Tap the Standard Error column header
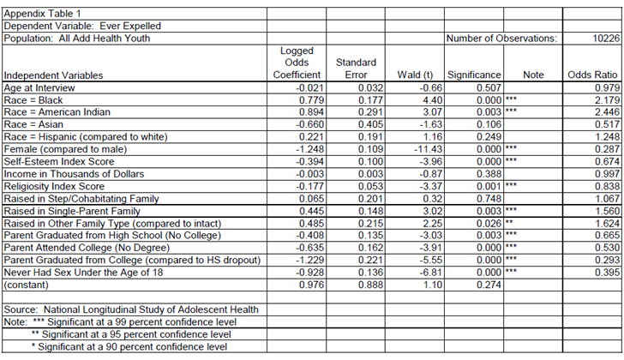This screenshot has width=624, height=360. pos(355,69)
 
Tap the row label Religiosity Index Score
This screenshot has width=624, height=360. pos(54,186)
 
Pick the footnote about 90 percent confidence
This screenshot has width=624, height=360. pos(129,347)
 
